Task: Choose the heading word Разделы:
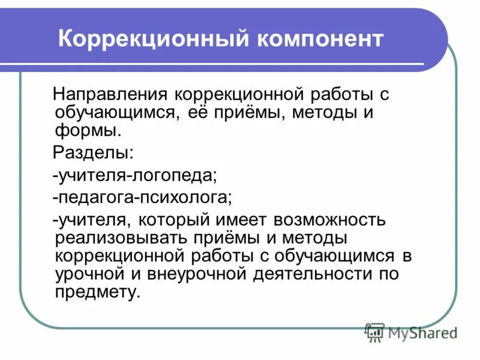point(93,152)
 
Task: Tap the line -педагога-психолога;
point(142,197)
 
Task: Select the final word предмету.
point(97,292)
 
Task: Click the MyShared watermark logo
point(412,332)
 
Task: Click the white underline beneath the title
point(222,64)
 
